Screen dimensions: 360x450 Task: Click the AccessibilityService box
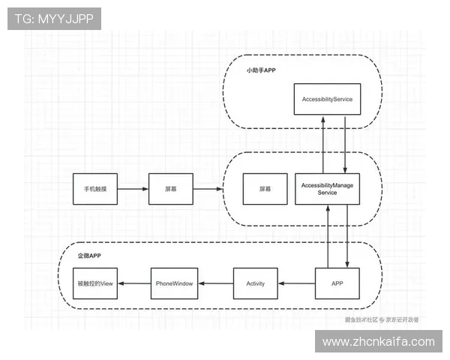(x=327, y=99)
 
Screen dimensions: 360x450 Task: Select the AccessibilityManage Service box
(x=327, y=188)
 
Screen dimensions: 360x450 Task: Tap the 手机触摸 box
(x=95, y=189)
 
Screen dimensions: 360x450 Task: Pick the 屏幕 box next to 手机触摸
(x=171, y=189)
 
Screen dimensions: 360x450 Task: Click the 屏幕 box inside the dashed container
(x=265, y=189)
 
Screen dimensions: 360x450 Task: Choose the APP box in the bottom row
(x=337, y=283)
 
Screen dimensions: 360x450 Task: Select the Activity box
(x=256, y=283)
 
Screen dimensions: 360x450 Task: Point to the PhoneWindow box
(x=174, y=283)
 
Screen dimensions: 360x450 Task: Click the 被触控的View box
(x=94, y=283)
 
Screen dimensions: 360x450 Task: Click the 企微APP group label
(x=89, y=256)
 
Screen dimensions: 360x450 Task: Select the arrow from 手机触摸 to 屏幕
(x=133, y=189)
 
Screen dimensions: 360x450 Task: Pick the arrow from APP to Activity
(x=296, y=283)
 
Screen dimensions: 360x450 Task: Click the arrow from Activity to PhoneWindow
(x=215, y=283)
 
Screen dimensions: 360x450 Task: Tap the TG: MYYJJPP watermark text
(x=54, y=19)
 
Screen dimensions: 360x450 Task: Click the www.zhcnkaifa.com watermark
(x=378, y=341)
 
